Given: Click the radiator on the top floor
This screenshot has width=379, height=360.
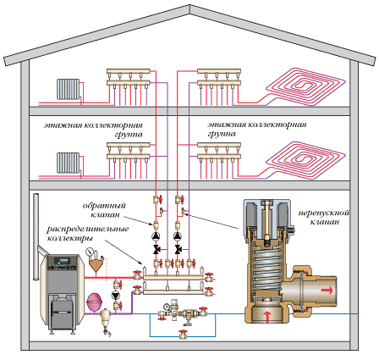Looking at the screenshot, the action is (x=68, y=89).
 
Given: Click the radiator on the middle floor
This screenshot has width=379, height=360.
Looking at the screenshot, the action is (x=68, y=163).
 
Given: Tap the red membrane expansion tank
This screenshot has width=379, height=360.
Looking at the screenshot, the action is (x=93, y=302).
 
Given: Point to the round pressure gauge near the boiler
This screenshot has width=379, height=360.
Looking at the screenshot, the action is (x=90, y=252).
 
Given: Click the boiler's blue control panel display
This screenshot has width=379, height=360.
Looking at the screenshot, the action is (x=62, y=259).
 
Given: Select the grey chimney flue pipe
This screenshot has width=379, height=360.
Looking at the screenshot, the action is (x=36, y=236).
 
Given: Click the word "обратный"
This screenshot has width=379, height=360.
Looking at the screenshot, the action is (x=104, y=206).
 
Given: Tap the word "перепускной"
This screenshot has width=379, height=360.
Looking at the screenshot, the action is (x=324, y=213).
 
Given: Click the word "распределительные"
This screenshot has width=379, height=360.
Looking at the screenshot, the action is (x=88, y=229).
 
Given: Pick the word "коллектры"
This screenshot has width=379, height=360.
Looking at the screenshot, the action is (x=69, y=238).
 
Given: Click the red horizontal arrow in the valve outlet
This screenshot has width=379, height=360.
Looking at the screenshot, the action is (x=327, y=291).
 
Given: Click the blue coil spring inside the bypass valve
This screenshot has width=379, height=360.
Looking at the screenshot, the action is (x=267, y=272).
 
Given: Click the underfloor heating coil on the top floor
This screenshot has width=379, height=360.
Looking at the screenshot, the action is (x=305, y=86).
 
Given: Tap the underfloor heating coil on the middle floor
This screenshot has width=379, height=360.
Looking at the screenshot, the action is (x=305, y=160).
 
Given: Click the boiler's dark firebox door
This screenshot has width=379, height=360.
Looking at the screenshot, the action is (x=63, y=313).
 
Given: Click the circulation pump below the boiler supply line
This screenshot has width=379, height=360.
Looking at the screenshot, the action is (x=116, y=296).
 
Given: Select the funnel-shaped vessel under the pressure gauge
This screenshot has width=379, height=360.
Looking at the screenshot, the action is (x=95, y=263).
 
